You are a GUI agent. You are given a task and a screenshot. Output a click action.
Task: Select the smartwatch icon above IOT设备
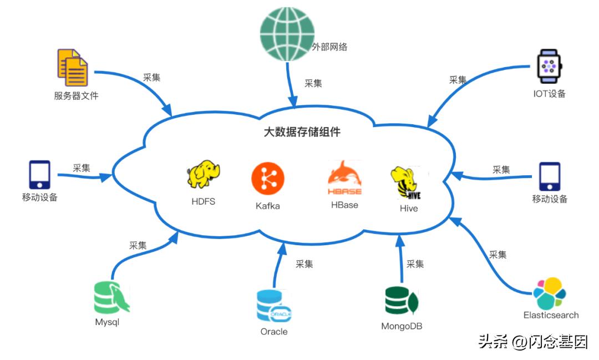click(549, 66)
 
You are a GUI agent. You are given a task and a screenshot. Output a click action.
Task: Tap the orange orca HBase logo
click(344, 178)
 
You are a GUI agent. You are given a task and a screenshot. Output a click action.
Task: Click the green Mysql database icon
click(110, 297)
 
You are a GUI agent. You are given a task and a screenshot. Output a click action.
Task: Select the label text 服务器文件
click(76, 95)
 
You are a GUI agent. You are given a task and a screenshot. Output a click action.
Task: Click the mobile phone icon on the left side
click(39, 175)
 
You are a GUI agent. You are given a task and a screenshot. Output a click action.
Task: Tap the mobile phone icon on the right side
click(549, 176)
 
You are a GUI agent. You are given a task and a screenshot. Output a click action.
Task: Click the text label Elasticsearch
click(551, 315)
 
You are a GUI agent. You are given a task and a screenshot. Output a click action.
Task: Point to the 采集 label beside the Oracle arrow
click(304, 264)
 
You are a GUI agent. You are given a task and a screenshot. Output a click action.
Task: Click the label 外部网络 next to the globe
click(329, 47)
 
